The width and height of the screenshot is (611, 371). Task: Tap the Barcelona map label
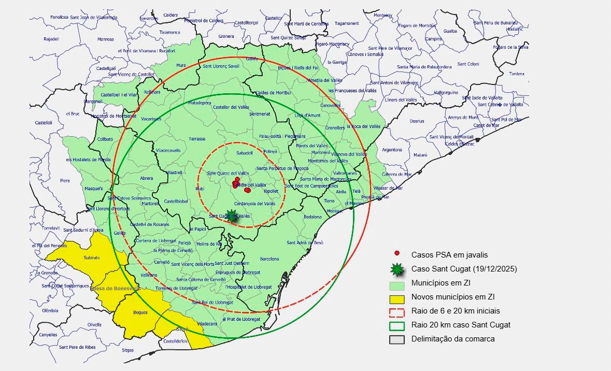click(x=269, y=259)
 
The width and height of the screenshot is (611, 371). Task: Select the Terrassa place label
click(x=197, y=139)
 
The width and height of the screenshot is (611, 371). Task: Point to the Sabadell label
click(x=244, y=153)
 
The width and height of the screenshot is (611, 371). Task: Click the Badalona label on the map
click(x=312, y=217)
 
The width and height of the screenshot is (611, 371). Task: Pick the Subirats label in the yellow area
click(x=91, y=258)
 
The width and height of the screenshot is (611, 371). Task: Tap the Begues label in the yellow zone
click(x=140, y=312)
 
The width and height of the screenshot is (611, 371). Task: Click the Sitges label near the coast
click(x=127, y=350)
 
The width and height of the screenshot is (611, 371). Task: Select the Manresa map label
click(x=105, y=39)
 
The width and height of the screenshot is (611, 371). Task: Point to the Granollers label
click(x=335, y=127)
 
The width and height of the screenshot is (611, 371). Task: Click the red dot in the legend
click(x=397, y=253)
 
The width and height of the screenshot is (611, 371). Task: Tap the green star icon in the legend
click(x=397, y=269)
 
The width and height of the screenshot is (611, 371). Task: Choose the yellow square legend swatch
click(x=397, y=298)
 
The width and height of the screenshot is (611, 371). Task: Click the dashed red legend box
click(x=397, y=312)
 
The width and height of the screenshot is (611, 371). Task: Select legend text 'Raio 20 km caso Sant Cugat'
click(x=461, y=325)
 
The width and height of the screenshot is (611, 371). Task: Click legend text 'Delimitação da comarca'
click(x=453, y=339)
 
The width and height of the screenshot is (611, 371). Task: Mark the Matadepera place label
click(x=200, y=103)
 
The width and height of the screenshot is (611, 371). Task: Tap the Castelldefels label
click(x=175, y=341)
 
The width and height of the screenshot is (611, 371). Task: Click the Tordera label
click(x=516, y=74)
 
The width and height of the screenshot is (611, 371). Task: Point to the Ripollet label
click(x=271, y=191)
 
